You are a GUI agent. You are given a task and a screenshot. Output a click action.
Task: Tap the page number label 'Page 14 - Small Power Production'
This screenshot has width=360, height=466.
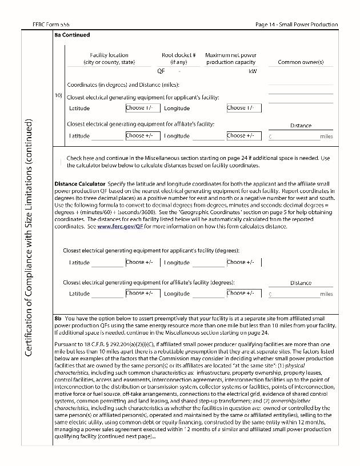click(297, 25)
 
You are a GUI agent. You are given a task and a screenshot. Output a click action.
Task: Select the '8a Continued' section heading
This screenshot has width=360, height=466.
click(72, 35)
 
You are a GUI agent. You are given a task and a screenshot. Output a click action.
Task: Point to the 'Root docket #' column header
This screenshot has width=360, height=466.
click(179, 55)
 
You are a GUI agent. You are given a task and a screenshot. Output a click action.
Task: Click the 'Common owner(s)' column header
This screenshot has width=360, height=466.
click(301, 62)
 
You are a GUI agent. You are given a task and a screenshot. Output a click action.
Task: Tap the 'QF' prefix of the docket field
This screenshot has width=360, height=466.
click(161, 71)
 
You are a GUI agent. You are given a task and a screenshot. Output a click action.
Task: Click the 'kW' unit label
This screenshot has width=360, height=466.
click(253, 71)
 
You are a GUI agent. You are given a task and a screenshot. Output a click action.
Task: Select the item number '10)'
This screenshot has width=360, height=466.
click(58, 95)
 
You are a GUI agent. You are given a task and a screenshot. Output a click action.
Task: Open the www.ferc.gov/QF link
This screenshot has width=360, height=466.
click(119, 226)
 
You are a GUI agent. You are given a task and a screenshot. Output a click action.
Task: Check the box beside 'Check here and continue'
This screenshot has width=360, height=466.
click(61, 162)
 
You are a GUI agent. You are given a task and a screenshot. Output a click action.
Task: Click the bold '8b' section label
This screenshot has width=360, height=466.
click(58, 318)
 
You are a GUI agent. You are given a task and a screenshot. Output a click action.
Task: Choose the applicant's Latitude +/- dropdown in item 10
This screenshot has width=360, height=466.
click(142, 108)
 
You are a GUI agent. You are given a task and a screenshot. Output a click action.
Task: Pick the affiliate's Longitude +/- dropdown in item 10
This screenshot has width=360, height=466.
click(243, 136)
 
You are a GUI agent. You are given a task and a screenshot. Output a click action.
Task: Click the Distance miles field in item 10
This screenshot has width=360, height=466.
click(293, 136)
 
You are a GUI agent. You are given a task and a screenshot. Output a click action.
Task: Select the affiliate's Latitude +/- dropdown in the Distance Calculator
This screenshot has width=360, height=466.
click(142, 294)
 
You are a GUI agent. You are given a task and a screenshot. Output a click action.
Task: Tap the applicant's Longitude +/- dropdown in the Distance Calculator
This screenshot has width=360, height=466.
click(243, 262)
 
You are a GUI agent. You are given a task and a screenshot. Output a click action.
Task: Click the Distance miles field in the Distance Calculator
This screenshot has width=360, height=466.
click(293, 294)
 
